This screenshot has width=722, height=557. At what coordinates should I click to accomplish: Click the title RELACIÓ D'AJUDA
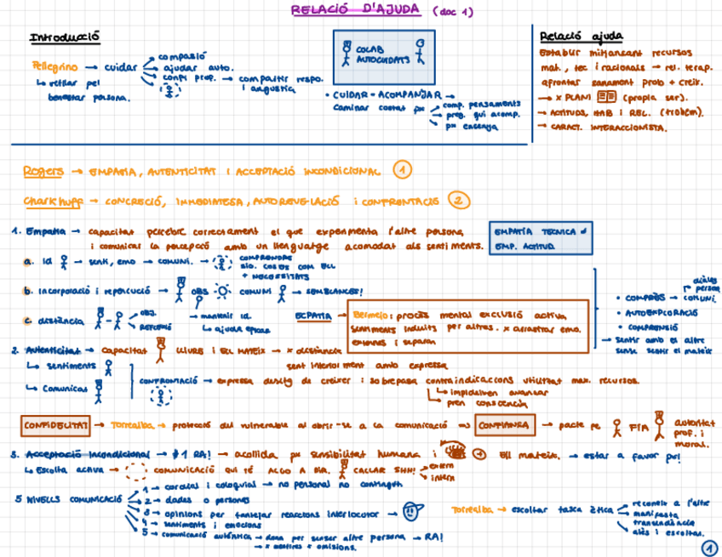[354, 11]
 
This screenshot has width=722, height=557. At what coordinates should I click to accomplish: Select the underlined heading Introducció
[66, 37]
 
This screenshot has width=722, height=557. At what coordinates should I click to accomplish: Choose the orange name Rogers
[43, 171]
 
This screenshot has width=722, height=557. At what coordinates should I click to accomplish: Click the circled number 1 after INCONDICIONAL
[403, 170]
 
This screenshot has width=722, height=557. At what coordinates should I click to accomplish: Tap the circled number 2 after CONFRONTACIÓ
[458, 201]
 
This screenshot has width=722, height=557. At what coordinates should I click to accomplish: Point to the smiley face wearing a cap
[410, 512]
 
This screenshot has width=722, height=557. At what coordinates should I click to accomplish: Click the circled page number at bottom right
[708, 549]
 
